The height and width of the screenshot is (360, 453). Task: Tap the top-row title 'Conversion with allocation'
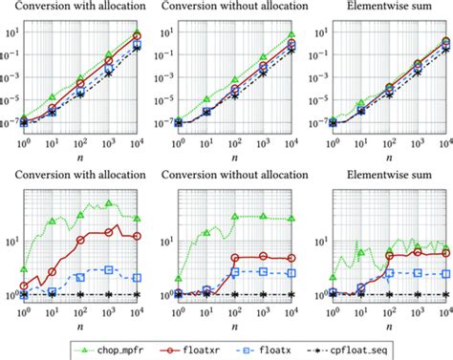(x=78, y=9)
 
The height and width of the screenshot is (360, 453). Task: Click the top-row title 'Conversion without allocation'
(x=227, y=9)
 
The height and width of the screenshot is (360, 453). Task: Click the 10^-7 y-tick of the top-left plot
(x=8, y=122)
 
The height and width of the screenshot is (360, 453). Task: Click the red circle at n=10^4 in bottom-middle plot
(x=292, y=258)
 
